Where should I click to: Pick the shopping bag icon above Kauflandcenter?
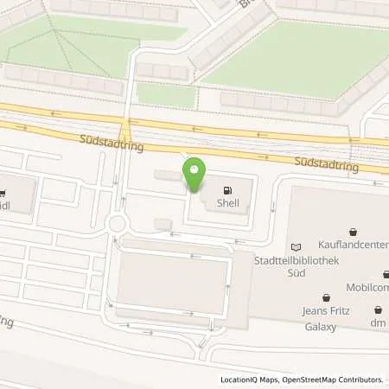click(x=354, y=232)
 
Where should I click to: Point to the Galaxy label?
click(x=321, y=327)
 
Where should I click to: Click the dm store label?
click(x=378, y=323)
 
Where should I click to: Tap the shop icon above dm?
click(x=378, y=309)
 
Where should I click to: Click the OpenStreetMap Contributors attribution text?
click(x=336, y=379)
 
